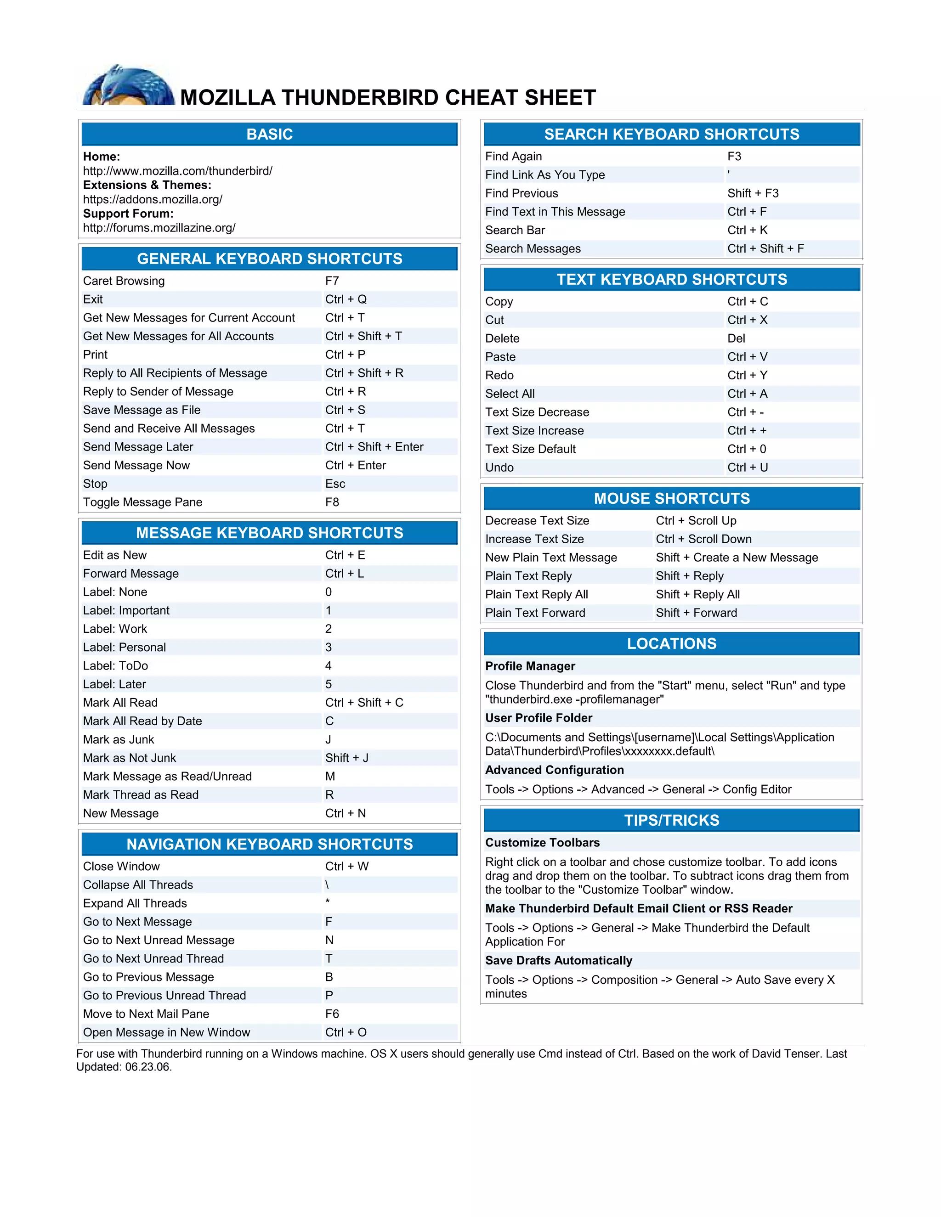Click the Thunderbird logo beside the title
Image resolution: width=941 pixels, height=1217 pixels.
(128, 86)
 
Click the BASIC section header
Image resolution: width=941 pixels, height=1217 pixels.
(269, 134)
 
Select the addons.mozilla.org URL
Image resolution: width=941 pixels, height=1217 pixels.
(153, 199)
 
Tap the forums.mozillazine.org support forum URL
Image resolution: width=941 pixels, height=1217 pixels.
(159, 228)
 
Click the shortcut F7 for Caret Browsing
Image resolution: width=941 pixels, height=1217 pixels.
(332, 281)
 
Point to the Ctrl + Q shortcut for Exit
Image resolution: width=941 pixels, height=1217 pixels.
(346, 299)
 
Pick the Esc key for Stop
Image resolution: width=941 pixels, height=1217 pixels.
(335, 484)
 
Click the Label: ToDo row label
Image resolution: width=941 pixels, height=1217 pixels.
(115, 666)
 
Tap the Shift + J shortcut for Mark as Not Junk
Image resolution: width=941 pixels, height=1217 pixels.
(347, 758)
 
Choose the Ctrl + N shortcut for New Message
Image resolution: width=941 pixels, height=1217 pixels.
(346, 814)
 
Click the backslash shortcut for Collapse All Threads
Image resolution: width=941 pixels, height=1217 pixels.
(327, 885)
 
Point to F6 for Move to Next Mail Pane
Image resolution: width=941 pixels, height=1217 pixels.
(332, 1014)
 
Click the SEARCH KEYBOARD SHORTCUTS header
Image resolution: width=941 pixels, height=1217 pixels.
(671, 134)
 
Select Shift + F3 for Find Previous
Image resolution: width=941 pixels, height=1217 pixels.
(753, 193)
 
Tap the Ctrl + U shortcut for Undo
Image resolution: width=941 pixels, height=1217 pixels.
(748, 468)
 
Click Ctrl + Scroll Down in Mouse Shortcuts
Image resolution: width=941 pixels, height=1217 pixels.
(703, 539)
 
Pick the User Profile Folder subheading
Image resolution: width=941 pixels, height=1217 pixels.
(539, 718)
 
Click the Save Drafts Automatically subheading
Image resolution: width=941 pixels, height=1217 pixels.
(559, 960)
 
